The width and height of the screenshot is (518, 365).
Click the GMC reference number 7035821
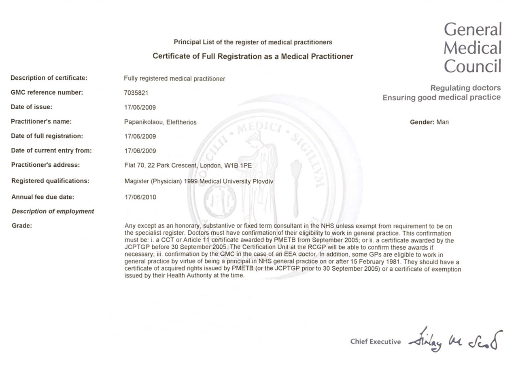click(x=136, y=93)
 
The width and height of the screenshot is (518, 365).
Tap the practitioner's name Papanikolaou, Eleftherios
click(x=160, y=122)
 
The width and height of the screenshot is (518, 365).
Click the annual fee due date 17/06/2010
click(x=140, y=197)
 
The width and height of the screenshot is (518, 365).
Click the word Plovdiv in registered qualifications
click(x=263, y=182)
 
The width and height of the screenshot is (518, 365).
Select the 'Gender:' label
click(x=422, y=122)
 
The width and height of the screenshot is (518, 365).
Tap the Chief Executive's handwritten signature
click(x=455, y=340)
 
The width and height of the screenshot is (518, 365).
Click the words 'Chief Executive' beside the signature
click(x=376, y=342)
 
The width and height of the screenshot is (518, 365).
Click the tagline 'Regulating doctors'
click(x=465, y=88)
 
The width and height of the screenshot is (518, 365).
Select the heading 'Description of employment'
click(x=53, y=211)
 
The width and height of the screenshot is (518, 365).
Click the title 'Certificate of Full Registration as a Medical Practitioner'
click(x=253, y=57)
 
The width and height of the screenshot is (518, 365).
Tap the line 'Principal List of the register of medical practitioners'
click(x=253, y=42)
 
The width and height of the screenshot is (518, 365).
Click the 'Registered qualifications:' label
click(x=50, y=181)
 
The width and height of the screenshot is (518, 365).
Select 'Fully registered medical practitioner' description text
click(x=174, y=79)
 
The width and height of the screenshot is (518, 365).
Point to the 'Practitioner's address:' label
click(x=45, y=165)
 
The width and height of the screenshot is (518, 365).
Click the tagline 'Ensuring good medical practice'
click(x=442, y=98)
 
